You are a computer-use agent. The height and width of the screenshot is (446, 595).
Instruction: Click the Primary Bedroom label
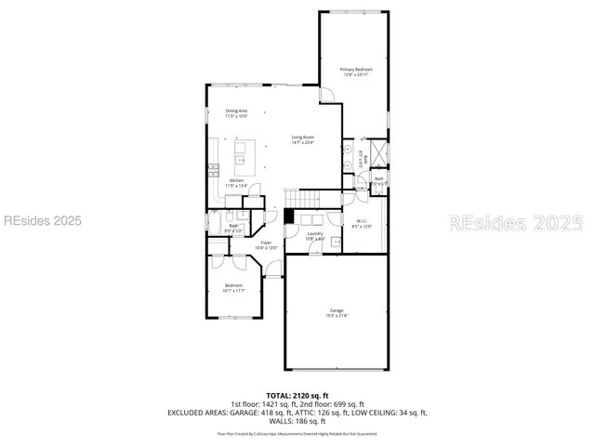click(355, 70)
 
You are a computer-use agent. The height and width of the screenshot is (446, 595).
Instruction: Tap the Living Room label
click(303, 137)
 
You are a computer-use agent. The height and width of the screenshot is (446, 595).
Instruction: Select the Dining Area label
click(237, 111)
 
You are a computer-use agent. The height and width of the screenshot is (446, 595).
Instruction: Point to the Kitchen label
click(237, 180)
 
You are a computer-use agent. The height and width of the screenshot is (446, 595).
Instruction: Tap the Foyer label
click(267, 243)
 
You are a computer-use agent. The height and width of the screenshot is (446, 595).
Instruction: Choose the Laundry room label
click(315, 233)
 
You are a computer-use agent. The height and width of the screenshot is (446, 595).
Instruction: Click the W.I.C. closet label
click(362, 220)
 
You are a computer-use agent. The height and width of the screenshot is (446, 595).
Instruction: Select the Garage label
click(336, 309)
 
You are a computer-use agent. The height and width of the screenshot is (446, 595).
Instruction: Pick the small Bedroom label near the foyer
click(232, 285)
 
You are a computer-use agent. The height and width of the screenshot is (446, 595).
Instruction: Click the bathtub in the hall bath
click(213, 228)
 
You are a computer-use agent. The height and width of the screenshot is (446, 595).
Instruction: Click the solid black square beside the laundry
click(290, 216)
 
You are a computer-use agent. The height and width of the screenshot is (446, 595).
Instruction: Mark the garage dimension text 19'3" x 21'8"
click(336, 316)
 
